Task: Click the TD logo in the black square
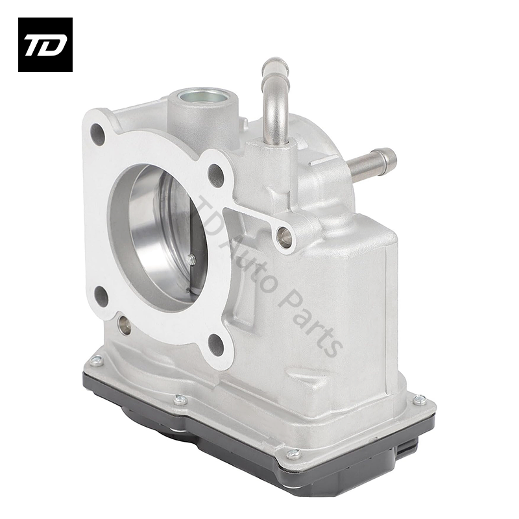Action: (x=45, y=44)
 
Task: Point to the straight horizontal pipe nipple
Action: (x=373, y=162)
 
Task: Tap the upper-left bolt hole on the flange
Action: (x=97, y=134)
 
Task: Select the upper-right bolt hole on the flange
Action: (x=215, y=175)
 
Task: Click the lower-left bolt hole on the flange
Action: (x=101, y=296)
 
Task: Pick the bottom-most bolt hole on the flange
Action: (x=216, y=344)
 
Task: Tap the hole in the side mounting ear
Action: (x=284, y=237)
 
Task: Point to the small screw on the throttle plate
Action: (x=191, y=259)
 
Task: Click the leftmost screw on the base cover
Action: (x=96, y=361)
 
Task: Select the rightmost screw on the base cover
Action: (x=419, y=400)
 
